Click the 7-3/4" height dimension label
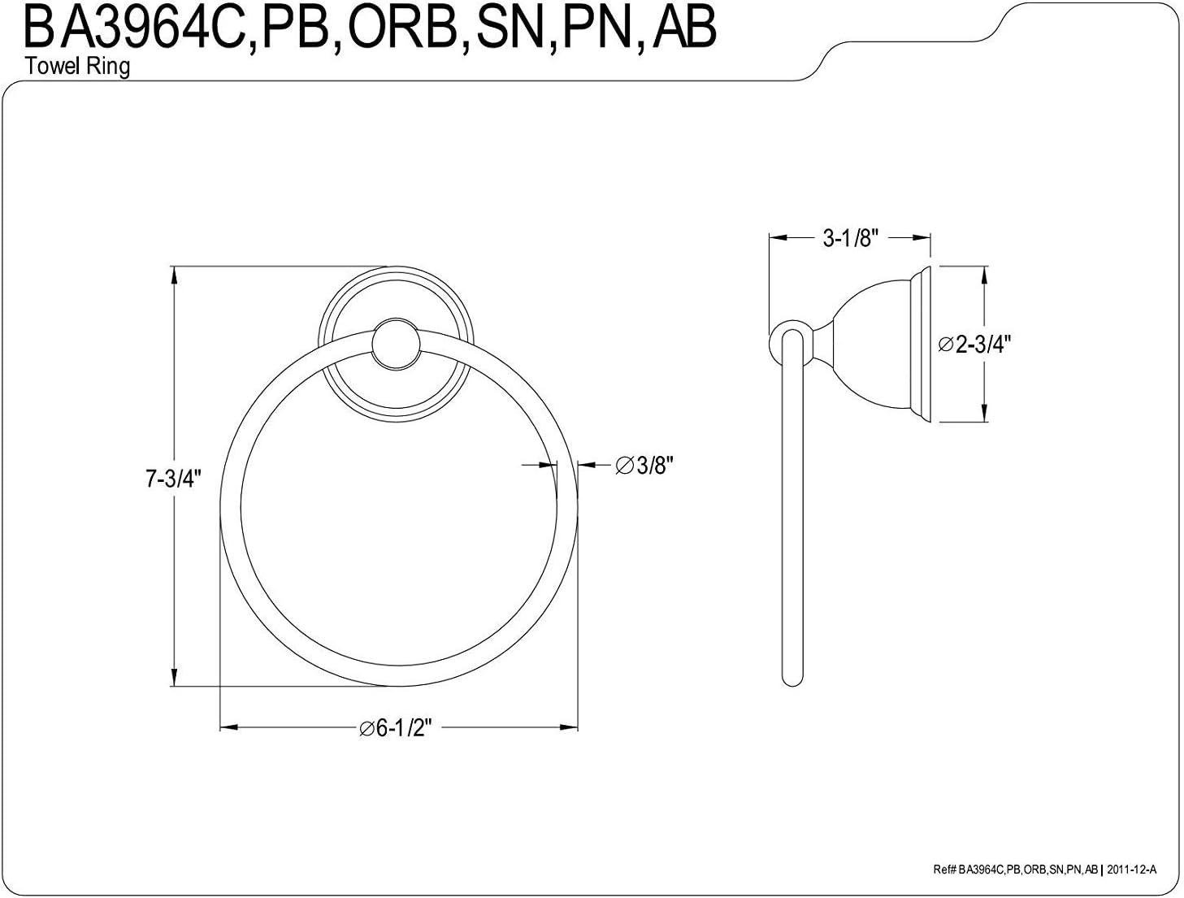click(x=172, y=479)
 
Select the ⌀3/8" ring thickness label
click(x=645, y=466)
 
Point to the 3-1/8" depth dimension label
click(x=851, y=238)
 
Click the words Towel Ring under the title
click(x=76, y=67)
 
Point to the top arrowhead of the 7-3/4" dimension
click(x=173, y=275)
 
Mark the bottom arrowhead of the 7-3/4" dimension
click(x=173, y=678)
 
